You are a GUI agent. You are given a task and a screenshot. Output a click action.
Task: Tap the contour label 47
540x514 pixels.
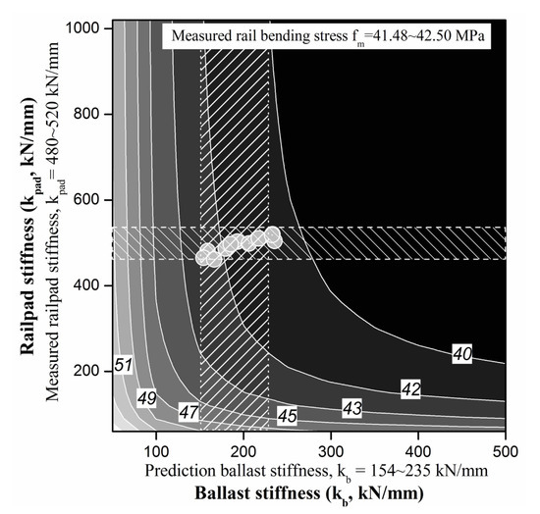click(x=189, y=412)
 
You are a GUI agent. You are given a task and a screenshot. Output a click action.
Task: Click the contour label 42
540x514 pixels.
click(x=411, y=389)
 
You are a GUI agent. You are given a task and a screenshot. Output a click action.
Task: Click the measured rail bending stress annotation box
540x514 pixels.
click(x=331, y=38)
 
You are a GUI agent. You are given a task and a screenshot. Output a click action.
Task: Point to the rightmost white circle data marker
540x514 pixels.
click(x=273, y=235)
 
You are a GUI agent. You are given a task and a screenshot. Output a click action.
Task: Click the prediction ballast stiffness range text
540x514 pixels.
click(x=314, y=472)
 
